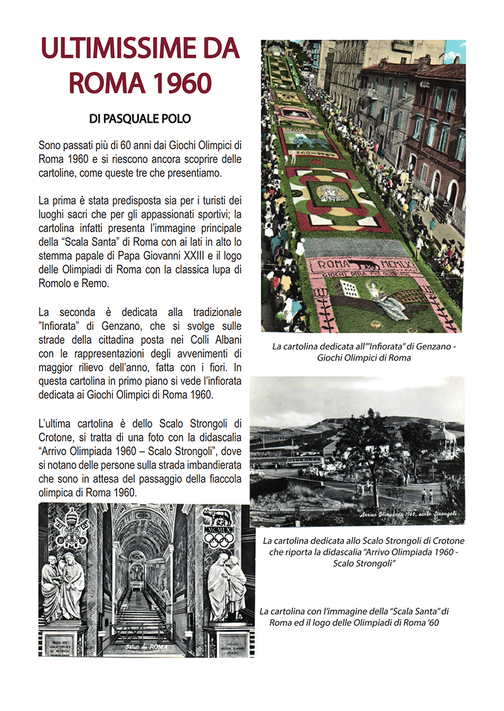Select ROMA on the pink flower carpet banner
pyautogui.click(x=337, y=264)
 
